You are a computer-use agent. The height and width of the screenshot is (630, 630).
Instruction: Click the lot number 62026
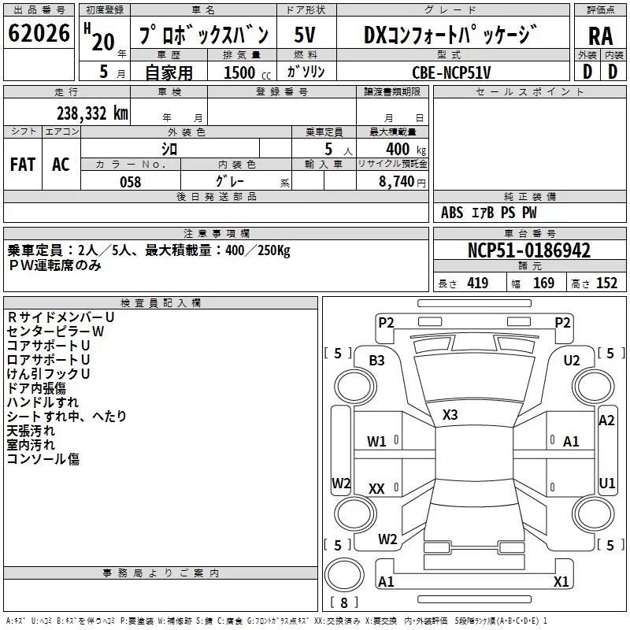39,33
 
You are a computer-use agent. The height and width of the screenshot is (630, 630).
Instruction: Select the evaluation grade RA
600,36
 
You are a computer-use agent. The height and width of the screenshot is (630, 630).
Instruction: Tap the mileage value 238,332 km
92,113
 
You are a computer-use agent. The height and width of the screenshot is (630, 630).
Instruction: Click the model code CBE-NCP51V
451,72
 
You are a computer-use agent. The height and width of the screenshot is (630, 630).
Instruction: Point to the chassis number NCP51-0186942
529,250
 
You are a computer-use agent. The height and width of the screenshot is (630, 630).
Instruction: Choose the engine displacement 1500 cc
247,72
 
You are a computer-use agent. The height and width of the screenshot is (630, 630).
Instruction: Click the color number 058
131,182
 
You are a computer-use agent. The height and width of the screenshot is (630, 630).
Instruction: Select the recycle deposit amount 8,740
402,182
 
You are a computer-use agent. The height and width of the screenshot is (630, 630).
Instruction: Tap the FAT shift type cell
23,165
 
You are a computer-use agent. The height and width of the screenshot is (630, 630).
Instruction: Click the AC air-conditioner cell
61,165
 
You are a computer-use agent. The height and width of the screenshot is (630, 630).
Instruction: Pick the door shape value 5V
305,35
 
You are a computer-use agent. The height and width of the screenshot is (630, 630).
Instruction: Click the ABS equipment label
452,213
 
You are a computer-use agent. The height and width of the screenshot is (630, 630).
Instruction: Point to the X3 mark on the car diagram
450,415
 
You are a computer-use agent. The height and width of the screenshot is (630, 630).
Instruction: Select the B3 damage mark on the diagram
377,361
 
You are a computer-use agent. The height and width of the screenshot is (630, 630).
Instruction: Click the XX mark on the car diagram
376,488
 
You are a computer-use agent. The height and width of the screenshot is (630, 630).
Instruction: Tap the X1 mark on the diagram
561,581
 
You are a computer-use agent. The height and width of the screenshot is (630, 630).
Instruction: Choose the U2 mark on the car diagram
572,361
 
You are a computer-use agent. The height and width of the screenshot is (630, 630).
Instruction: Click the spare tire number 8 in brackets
344,602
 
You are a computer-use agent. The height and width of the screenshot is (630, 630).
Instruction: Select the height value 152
606,283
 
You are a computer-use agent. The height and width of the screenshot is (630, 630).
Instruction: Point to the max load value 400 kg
406,149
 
